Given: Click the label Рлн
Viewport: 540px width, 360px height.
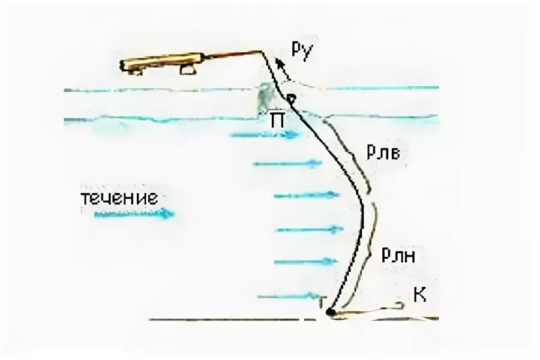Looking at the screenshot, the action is (x=397, y=256).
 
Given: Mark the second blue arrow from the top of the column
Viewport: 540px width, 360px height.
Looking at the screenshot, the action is (x=282, y=163).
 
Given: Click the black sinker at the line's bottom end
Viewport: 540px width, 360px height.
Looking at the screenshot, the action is (x=329, y=311).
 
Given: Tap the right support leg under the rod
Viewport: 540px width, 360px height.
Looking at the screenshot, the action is (x=188, y=71).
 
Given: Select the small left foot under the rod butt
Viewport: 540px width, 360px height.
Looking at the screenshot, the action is (x=137, y=73).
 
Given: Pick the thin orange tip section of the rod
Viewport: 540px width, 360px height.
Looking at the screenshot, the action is (x=231, y=55).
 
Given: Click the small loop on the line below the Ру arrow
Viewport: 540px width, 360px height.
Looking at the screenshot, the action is (x=292, y=98).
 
